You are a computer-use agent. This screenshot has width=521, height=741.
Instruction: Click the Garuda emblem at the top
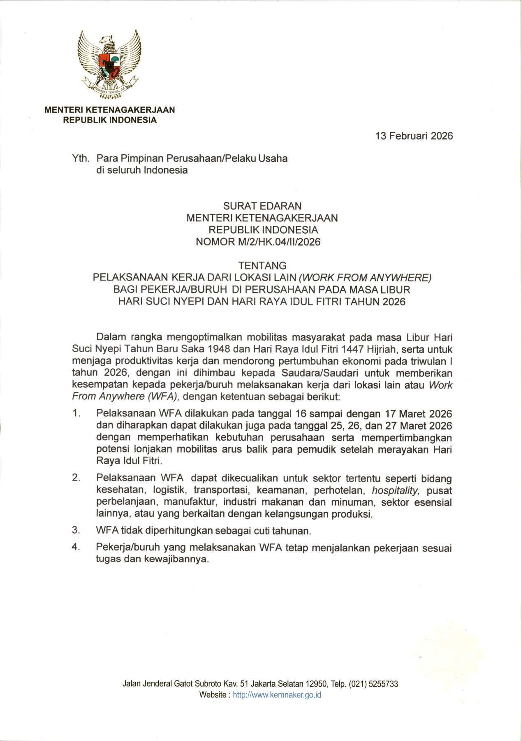[x=109, y=65]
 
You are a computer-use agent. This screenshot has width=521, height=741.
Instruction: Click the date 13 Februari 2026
[x=414, y=136]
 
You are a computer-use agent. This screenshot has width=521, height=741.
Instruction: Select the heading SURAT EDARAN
[x=262, y=206]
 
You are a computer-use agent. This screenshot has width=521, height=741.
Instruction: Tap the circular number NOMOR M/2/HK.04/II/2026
[x=258, y=242]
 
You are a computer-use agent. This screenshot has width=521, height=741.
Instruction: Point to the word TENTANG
[x=262, y=265]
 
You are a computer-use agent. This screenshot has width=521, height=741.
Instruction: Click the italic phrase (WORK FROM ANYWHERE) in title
[x=365, y=277]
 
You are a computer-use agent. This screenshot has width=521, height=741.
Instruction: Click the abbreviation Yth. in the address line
[x=81, y=158]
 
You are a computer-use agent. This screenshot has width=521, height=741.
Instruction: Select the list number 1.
[x=76, y=413]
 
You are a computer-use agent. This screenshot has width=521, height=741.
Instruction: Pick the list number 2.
[x=76, y=478]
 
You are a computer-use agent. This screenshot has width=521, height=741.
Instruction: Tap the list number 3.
[x=76, y=530]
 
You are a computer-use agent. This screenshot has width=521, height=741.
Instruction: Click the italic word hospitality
[x=395, y=490]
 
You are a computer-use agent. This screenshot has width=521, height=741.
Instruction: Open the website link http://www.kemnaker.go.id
[x=277, y=695]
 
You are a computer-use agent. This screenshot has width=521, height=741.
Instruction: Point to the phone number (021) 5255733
[x=373, y=684]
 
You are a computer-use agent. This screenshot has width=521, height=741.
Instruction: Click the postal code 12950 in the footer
[x=316, y=684]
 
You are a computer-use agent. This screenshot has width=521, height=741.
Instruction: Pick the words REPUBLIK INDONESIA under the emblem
[x=110, y=120]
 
